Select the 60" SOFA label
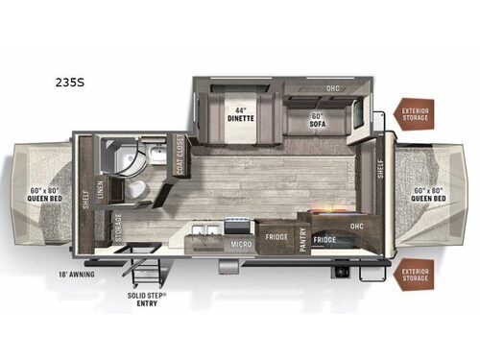(317, 120)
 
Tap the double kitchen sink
(203, 230)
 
